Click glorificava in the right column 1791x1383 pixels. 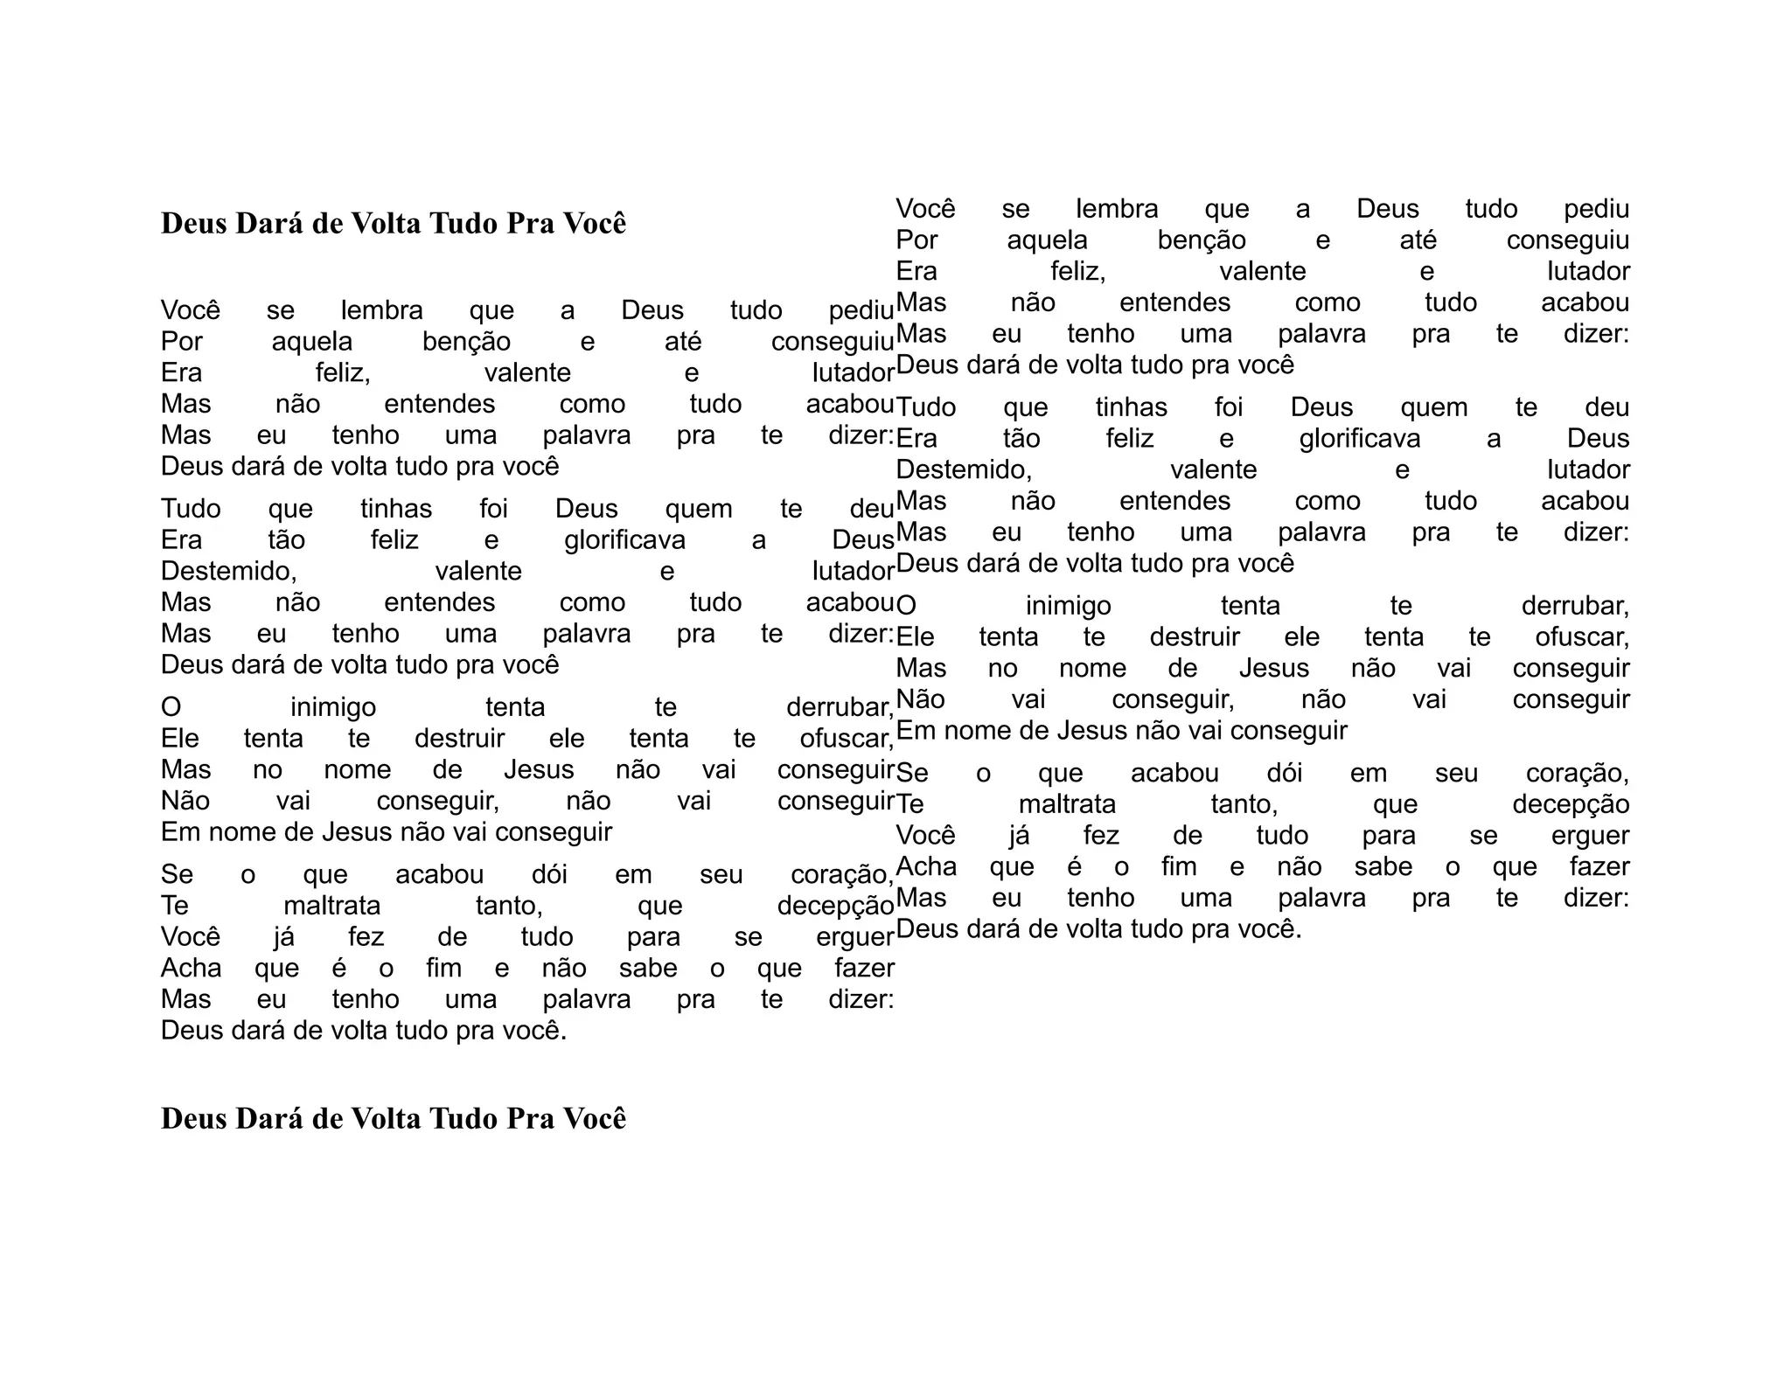click(x=1359, y=439)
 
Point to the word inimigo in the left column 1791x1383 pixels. click(x=333, y=707)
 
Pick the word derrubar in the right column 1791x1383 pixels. click(x=1574, y=607)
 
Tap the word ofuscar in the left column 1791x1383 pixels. click(x=846, y=739)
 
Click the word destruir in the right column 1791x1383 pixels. click(x=1195, y=637)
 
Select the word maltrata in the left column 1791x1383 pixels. click(x=332, y=906)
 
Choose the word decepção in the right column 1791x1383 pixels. click(x=1571, y=804)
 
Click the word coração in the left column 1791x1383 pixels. click(x=841, y=875)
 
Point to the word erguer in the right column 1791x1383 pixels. click(x=1590, y=836)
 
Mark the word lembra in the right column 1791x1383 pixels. click(x=1117, y=209)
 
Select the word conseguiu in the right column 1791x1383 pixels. click(x=1567, y=240)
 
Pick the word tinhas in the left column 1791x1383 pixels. click(x=396, y=509)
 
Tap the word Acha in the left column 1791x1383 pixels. click(x=191, y=969)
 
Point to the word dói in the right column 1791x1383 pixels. click(x=1284, y=774)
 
